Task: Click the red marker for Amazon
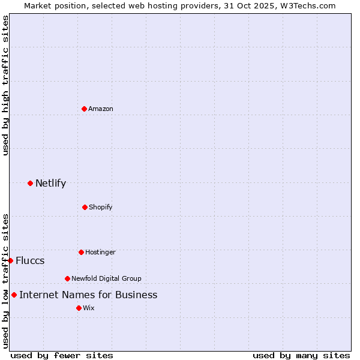coord(84,109)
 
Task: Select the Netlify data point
coord(30,183)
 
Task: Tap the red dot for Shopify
coord(85,207)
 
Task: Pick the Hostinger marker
coord(81,252)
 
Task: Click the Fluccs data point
coord(10,260)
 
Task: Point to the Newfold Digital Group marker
coord(67,278)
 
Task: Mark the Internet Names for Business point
coord(14,295)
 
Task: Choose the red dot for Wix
coord(79,308)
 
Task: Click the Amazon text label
coord(101,109)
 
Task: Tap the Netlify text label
coord(50,183)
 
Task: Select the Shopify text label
coord(101,207)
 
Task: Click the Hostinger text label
coord(100,252)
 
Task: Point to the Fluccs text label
coord(30,260)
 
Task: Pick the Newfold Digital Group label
coord(106,278)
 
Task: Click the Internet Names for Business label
coord(88,295)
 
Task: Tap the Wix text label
coord(89,308)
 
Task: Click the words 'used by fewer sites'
coord(62,355)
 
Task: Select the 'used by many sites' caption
coord(301,355)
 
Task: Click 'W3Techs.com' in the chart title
coord(306,5)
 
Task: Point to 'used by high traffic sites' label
coord(5,86)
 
